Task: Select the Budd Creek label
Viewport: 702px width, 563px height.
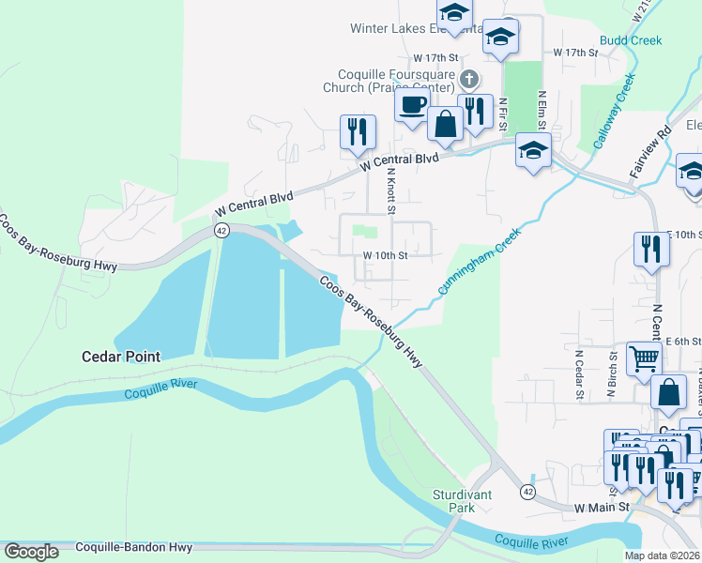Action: click(632, 40)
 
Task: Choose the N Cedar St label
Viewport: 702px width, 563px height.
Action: click(580, 374)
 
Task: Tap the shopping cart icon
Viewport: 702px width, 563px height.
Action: click(644, 358)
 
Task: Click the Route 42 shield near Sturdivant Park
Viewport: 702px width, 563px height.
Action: click(528, 492)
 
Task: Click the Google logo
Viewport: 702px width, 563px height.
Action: click(31, 552)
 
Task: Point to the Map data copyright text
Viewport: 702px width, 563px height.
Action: click(663, 555)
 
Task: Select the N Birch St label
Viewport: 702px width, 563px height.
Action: click(611, 374)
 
